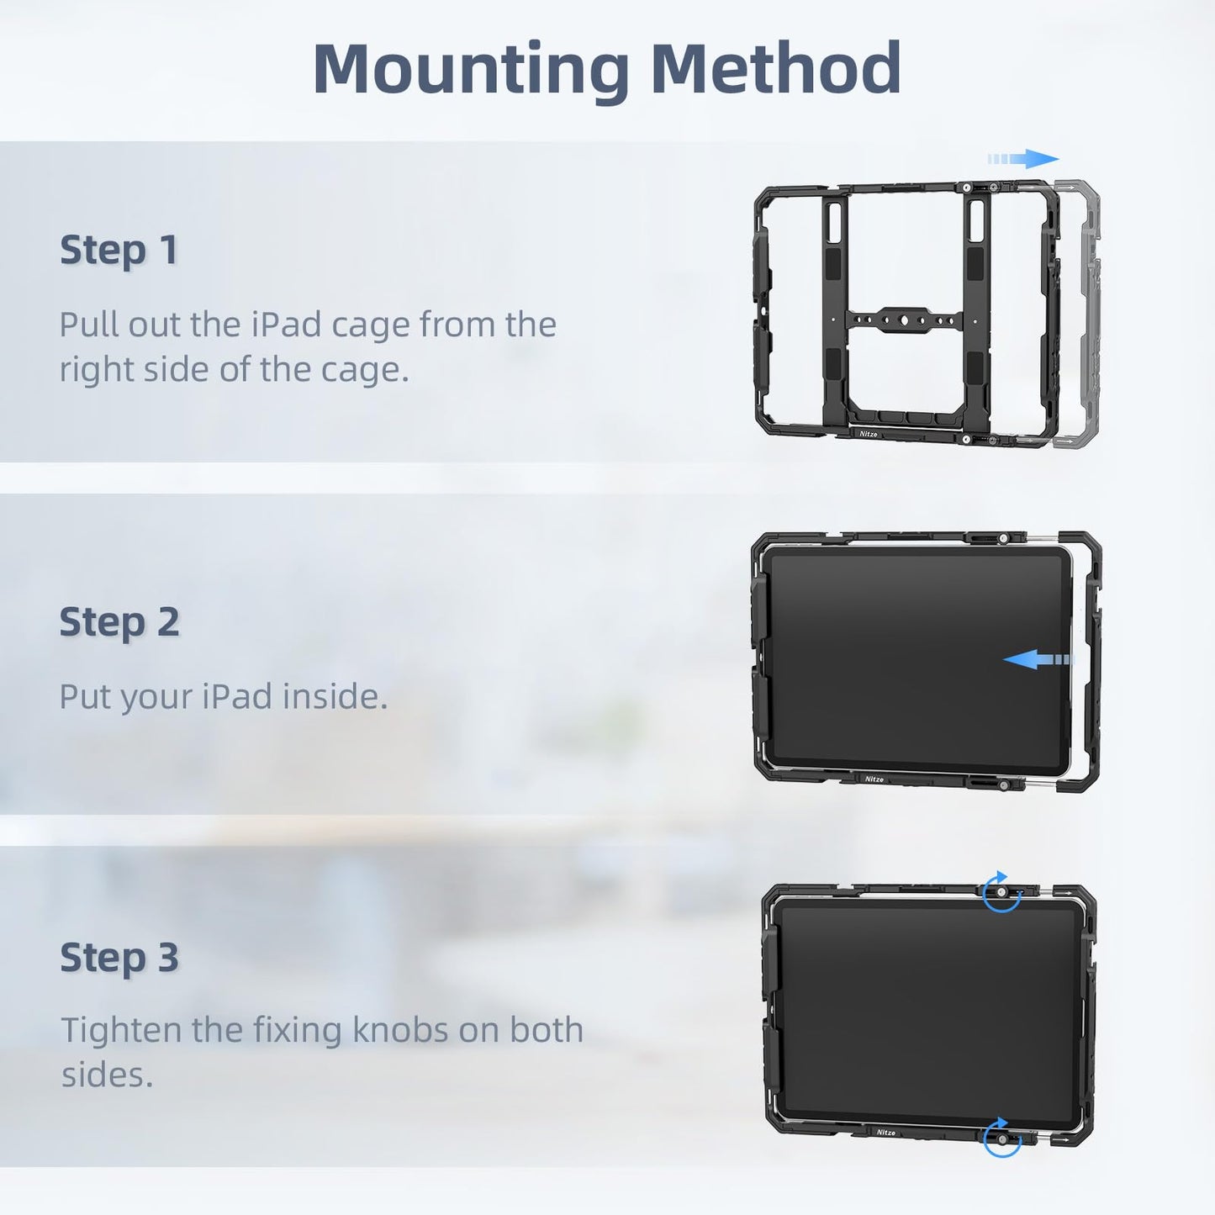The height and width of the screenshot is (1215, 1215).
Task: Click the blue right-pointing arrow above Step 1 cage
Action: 1023,158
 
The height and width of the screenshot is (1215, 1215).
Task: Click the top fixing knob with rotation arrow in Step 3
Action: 1002,891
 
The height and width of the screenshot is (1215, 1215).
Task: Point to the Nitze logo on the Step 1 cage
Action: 869,434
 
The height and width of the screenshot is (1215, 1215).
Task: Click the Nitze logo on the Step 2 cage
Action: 874,779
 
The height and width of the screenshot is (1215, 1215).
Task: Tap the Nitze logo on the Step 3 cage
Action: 886,1133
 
